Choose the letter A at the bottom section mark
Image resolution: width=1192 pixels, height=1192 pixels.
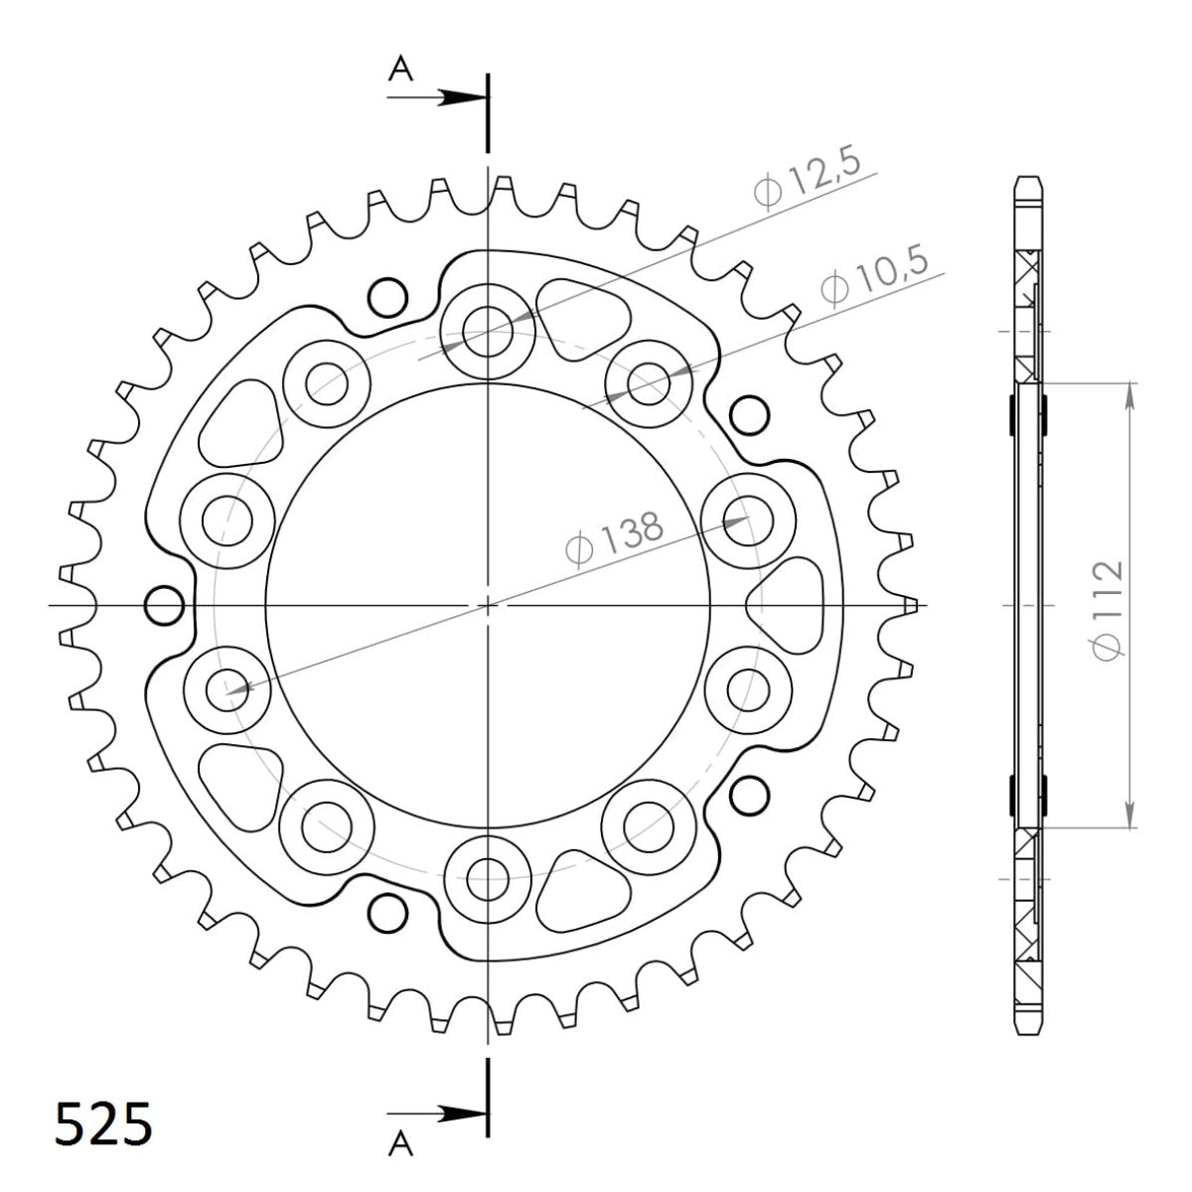coord(400,1146)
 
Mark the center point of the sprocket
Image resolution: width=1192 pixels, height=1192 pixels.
coord(487,604)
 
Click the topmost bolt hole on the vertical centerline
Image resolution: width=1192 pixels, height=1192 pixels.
coord(487,325)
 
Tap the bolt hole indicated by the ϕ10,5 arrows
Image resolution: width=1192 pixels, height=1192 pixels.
coord(649,382)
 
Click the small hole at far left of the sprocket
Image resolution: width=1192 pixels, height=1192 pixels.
coord(164,604)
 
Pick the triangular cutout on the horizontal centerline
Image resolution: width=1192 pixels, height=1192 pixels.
coord(791,604)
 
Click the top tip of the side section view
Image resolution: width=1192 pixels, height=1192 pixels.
coord(1029,180)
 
